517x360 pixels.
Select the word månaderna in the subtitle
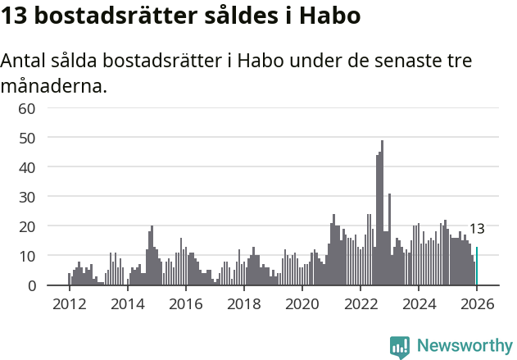coord(54,85)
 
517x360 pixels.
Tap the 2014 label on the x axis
coord(127,303)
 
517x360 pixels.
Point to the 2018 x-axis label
coord(243,303)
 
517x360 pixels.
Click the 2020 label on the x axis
coord(302,303)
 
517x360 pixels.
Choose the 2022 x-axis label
coord(360,303)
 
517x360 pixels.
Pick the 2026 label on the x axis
coord(477,303)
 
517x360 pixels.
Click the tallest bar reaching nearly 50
coord(382,213)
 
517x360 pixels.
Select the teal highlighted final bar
coord(477,267)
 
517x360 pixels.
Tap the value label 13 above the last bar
coord(477,229)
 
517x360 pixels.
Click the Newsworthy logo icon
coord(400,347)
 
